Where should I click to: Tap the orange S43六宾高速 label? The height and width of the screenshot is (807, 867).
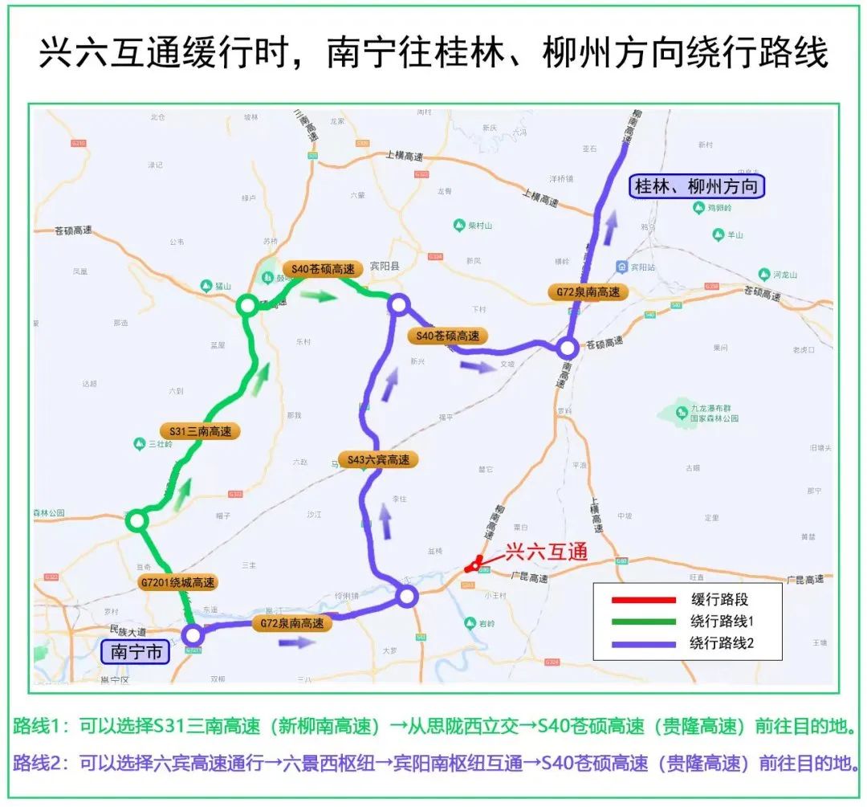379,460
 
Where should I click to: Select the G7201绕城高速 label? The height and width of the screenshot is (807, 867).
177,583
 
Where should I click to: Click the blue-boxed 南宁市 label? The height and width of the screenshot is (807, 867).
136,651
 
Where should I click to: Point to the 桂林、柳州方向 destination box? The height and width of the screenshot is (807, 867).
695,187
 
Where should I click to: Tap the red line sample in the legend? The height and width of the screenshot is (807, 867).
643,599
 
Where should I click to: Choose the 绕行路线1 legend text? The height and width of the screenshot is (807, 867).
722,621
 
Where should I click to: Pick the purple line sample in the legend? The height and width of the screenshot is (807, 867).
643,642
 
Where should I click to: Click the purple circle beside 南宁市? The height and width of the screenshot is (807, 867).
192,635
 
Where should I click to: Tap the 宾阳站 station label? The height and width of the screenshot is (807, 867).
641,267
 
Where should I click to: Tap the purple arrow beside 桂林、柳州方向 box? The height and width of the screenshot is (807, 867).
612,226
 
